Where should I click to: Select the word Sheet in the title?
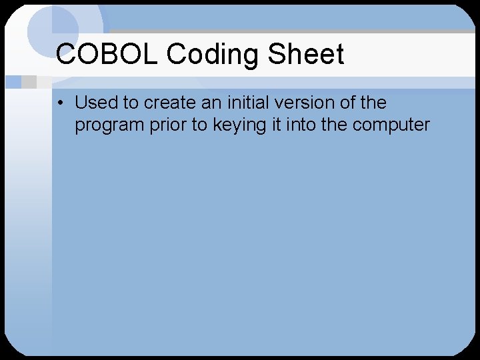pos(306,55)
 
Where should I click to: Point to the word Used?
pos(96,103)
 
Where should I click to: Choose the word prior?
pos(164,125)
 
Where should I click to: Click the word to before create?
pos(133,103)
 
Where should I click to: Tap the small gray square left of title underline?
pos(29,82)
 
